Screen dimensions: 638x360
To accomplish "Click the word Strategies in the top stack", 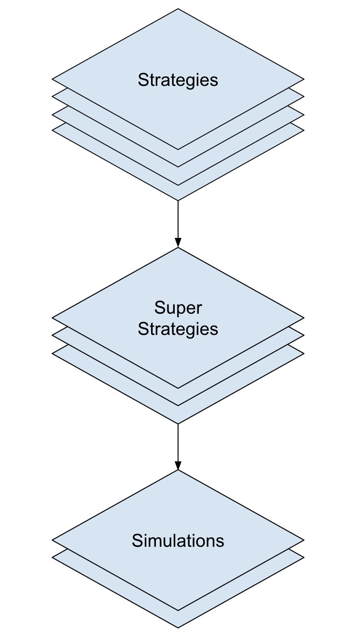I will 178,80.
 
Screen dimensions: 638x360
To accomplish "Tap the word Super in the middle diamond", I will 178,307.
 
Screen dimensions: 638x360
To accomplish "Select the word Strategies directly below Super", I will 178,329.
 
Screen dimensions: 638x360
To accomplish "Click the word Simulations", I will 178,541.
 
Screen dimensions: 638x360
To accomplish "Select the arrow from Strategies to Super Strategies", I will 178,220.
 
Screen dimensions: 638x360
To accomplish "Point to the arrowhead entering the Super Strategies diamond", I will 178,243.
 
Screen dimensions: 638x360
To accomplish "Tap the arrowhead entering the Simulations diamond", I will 178,465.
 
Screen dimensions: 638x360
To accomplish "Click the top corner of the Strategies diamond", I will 178,10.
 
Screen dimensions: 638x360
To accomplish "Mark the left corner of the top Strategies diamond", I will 53,79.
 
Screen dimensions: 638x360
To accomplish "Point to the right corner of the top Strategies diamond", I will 303,79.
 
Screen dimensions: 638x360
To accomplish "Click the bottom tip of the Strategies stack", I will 178,199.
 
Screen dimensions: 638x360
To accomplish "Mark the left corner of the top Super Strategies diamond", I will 53,318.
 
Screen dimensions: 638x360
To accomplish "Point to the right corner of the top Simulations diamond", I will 303,540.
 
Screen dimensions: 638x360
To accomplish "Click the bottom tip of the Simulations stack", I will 178,627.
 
